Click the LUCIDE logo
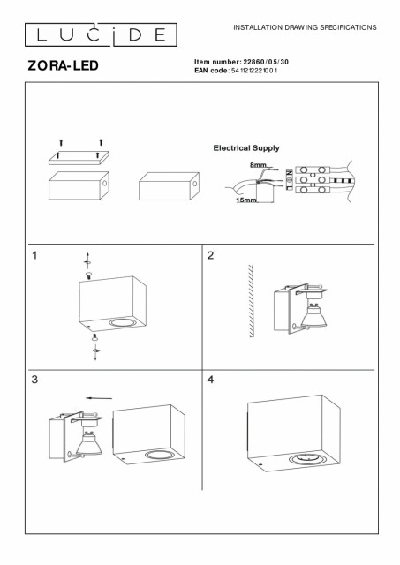(x=101, y=35)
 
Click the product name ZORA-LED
(x=63, y=65)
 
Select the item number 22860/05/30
(x=266, y=62)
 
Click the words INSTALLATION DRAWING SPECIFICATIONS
(x=305, y=27)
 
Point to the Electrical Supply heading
(x=246, y=147)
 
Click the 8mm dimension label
(x=258, y=165)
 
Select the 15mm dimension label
(x=246, y=200)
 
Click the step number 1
(x=34, y=255)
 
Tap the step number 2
(x=210, y=255)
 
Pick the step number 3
(x=34, y=380)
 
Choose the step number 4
(x=210, y=380)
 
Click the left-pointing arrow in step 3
(x=99, y=398)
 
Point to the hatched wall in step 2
(x=251, y=301)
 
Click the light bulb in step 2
(x=313, y=315)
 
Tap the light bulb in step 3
(x=88, y=443)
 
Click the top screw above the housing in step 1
(x=88, y=275)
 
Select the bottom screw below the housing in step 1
(x=94, y=337)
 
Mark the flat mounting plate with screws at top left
(x=79, y=158)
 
